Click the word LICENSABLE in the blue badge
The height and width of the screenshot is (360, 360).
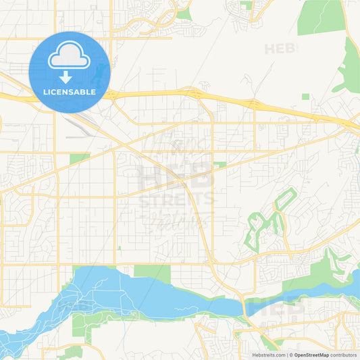tap(69, 91)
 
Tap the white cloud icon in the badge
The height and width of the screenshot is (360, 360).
tap(69, 57)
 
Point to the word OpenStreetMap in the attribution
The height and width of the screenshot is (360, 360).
tap(311, 354)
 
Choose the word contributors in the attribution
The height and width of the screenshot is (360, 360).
tap(343, 354)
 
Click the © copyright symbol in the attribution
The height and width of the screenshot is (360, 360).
tap(291, 354)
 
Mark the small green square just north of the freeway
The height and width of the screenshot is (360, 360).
tap(306, 97)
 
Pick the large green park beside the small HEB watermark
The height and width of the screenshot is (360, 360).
tap(322, 16)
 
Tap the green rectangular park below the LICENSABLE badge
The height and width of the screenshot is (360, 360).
tap(79, 158)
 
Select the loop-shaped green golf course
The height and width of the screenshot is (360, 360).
tap(267, 220)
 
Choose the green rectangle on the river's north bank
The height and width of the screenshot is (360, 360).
tap(152, 272)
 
